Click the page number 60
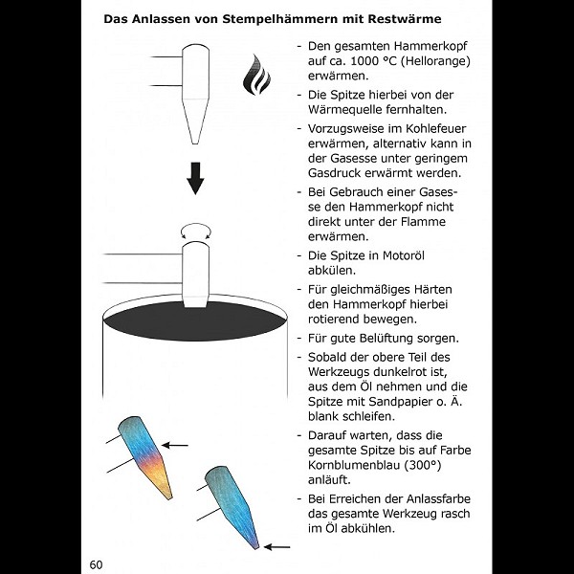[x=97, y=563]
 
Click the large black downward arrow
[x=196, y=177]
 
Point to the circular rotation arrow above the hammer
[x=196, y=230]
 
